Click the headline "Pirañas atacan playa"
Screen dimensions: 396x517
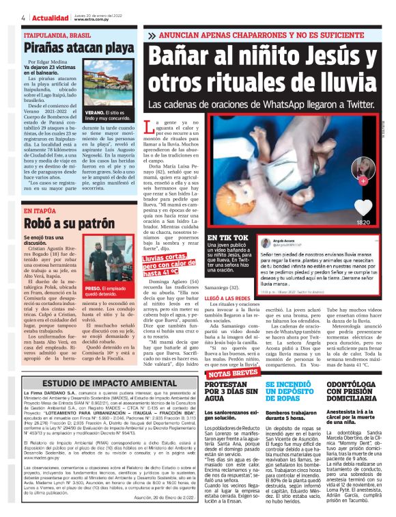tap(79, 48)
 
